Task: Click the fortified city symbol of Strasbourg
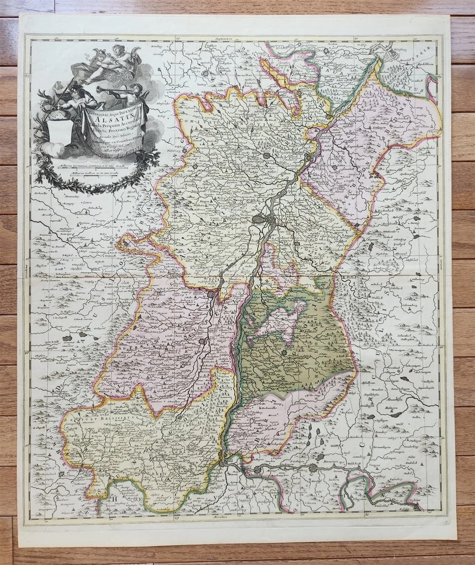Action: click(x=260, y=220)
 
